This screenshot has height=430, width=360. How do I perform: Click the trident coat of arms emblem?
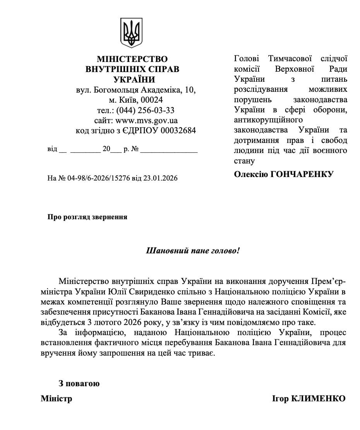[x=132, y=34]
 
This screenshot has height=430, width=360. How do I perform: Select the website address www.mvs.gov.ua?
[x=147, y=120]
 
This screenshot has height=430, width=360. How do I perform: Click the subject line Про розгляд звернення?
[x=87, y=217]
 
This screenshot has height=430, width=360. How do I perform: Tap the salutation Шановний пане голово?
[x=192, y=251]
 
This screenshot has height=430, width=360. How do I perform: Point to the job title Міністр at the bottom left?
[x=57, y=399]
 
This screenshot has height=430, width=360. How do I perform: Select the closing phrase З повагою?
[x=79, y=384]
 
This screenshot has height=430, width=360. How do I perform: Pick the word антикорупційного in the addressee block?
[x=268, y=120]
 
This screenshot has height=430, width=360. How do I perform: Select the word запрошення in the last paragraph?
[x=116, y=354]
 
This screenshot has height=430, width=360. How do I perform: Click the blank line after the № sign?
[x=169, y=150]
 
